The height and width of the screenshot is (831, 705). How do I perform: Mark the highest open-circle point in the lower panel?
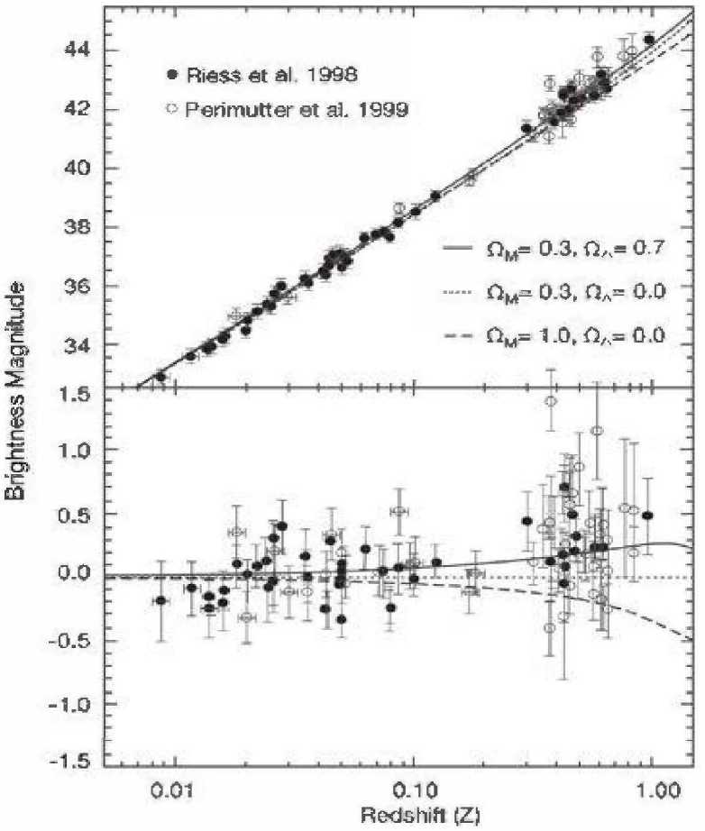pos(550,401)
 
